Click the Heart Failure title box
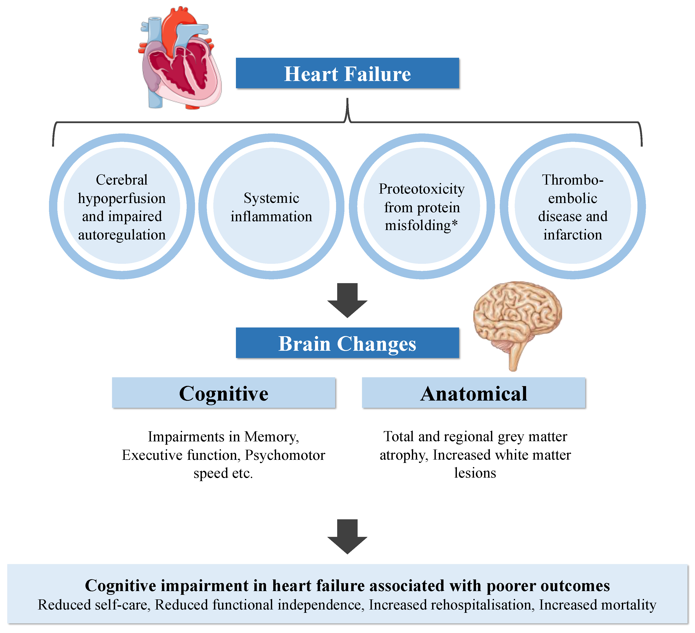tap(347, 73)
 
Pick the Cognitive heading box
tap(223, 393)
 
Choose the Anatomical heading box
tap(473, 393)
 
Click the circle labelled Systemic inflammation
tap(271, 207)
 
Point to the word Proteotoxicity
tap(421, 189)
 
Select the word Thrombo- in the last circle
tap(572, 180)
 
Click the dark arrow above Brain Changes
tap(347, 300)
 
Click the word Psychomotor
tap(285, 455)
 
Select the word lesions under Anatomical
tap(475, 473)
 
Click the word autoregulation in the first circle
tap(122, 235)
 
